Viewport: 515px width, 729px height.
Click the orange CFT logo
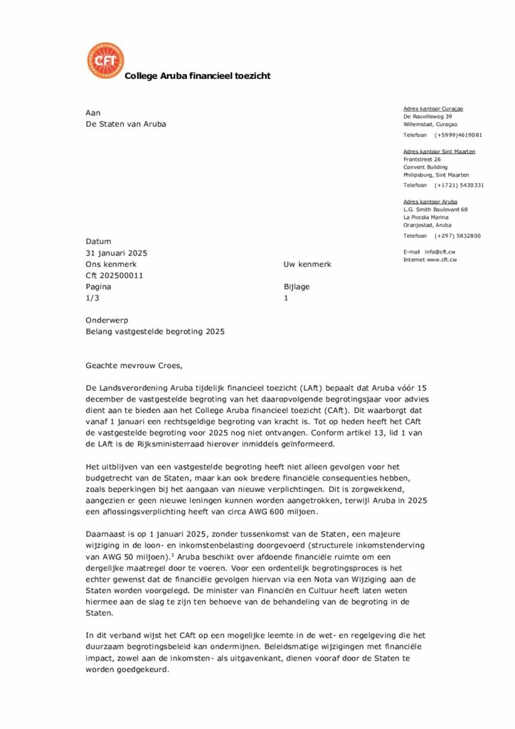pos(105,61)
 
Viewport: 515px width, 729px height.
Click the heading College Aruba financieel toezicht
pos(197,76)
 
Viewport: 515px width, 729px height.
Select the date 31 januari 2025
pos(117,253)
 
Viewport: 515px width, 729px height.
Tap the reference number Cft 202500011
pos(115,276)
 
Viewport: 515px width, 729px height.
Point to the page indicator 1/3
pos(92,298)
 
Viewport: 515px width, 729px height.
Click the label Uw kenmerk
pos(307,264)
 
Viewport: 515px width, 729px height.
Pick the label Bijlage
pos(297,287)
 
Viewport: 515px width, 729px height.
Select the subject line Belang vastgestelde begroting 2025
pos(156,332)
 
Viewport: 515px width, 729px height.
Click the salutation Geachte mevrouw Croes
pos(134,366)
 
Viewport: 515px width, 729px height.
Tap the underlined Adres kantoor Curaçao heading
pos(433,108)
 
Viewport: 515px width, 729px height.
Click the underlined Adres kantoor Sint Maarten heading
pos(439,151)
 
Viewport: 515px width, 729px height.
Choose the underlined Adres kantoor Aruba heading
pos(430,201)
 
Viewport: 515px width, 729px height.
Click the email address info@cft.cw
pos(441,252)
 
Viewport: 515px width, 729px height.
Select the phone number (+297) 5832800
pos(458,236)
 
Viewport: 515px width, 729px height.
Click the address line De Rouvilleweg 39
pos(428,116)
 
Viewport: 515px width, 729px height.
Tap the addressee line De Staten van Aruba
pos(126,124)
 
